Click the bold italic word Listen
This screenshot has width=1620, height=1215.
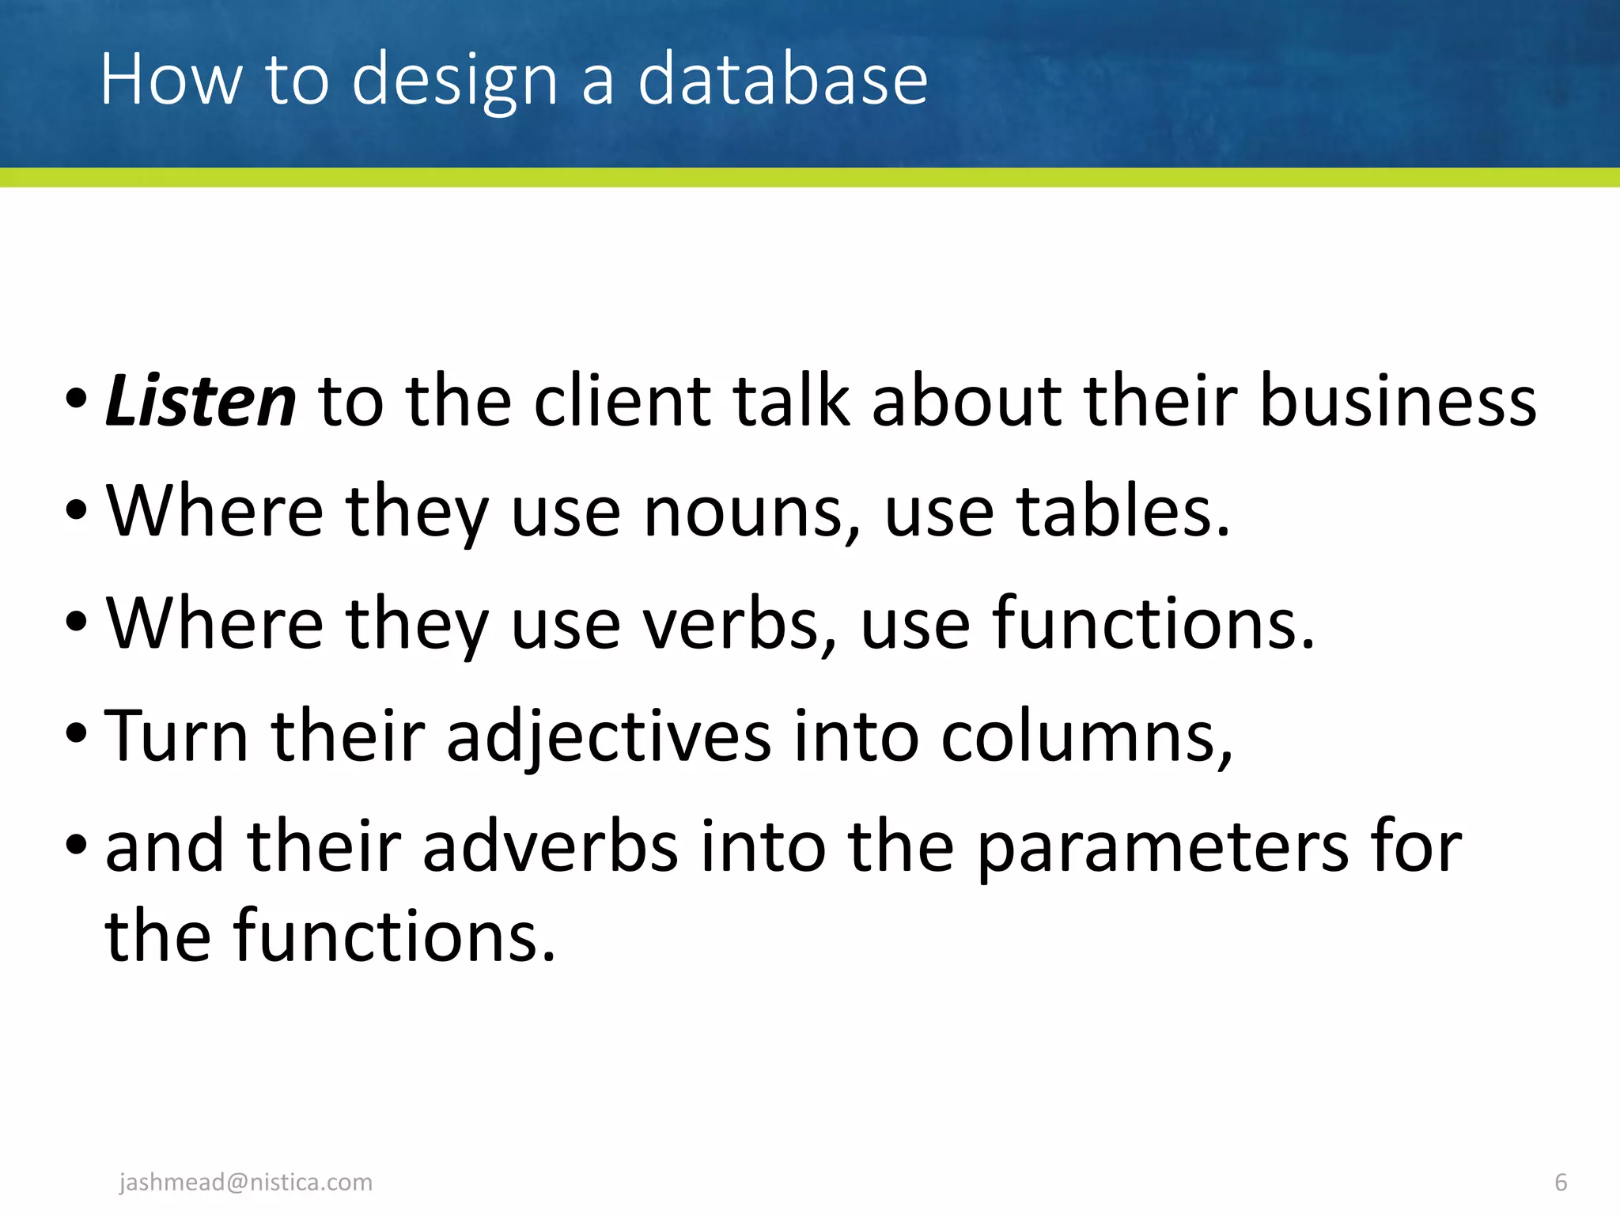[x=201, y=401]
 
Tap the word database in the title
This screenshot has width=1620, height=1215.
[x=782, y=78]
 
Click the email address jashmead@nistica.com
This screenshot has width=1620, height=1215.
[x=245, y=1182]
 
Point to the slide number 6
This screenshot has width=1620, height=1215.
[x=1561, y=1182]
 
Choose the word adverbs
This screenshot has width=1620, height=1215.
[x=551, y=846]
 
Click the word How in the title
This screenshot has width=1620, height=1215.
[x=171, y=78]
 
